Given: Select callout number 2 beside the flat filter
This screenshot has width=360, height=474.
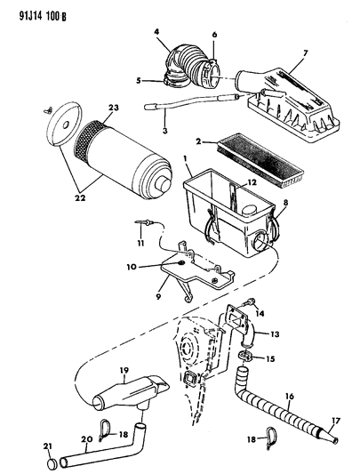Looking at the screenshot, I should click(200, 140).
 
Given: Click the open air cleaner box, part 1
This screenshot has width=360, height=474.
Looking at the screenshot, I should click(222, 209).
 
